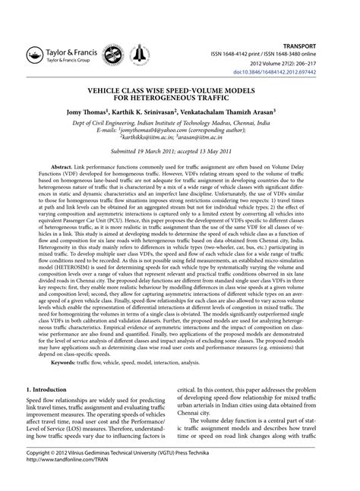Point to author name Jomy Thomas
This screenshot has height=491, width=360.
(x=103, y=110)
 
